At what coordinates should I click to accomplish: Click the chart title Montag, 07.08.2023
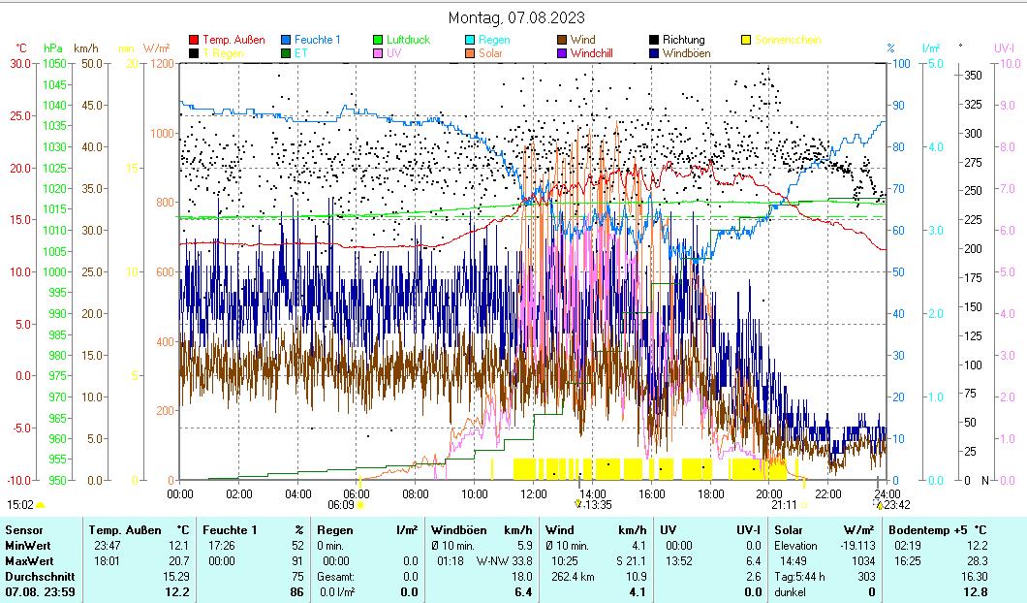[x=516, y=17]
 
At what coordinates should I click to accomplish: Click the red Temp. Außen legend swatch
[x=194, y=40]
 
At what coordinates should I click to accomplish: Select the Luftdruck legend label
[x=408, y=40]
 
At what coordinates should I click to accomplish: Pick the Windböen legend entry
[x=686, y=53]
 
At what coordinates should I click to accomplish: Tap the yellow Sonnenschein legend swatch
[x=746, y=40]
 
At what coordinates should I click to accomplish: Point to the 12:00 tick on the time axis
[x=534, y=493]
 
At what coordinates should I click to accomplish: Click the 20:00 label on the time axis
[x=770, y=493]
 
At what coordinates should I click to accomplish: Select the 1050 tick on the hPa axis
[x=54, y=63]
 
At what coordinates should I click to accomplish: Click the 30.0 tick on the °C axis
[x=20, y=63]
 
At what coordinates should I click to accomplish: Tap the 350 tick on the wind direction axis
[x=974, y=75]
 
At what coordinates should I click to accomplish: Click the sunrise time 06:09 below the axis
[x=340, y=505]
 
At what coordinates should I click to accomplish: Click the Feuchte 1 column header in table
[x=230, y=529]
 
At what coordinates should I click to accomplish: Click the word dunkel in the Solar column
[x=792, y=591]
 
